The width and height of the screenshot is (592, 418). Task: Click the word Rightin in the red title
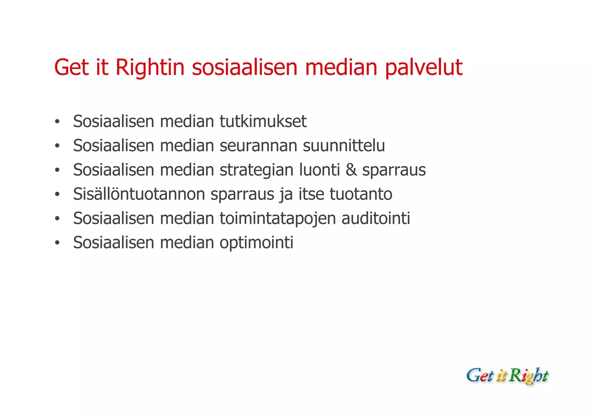coord(150,68)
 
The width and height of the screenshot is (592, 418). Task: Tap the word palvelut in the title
coord(424,68)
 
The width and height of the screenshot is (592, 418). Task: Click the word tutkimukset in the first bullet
coord(263,121)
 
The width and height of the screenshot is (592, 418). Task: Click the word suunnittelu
coord(344,146)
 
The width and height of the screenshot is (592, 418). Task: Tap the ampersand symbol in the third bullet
coord(351,170)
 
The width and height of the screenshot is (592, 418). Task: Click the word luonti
coord(319,170)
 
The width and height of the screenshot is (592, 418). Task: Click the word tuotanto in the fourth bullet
coord(361,194)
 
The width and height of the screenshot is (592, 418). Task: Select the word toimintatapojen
coord(277,218)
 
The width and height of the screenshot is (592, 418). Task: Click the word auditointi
coord(375,218)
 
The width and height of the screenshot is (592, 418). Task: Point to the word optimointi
coord(256,243)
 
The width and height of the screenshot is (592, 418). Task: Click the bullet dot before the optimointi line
coord(57,243)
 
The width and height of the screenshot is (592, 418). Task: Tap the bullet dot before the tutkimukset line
coord(57,122)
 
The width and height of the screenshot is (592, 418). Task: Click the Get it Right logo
coord(507,376)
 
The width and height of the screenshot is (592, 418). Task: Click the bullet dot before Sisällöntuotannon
coord(57,194)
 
